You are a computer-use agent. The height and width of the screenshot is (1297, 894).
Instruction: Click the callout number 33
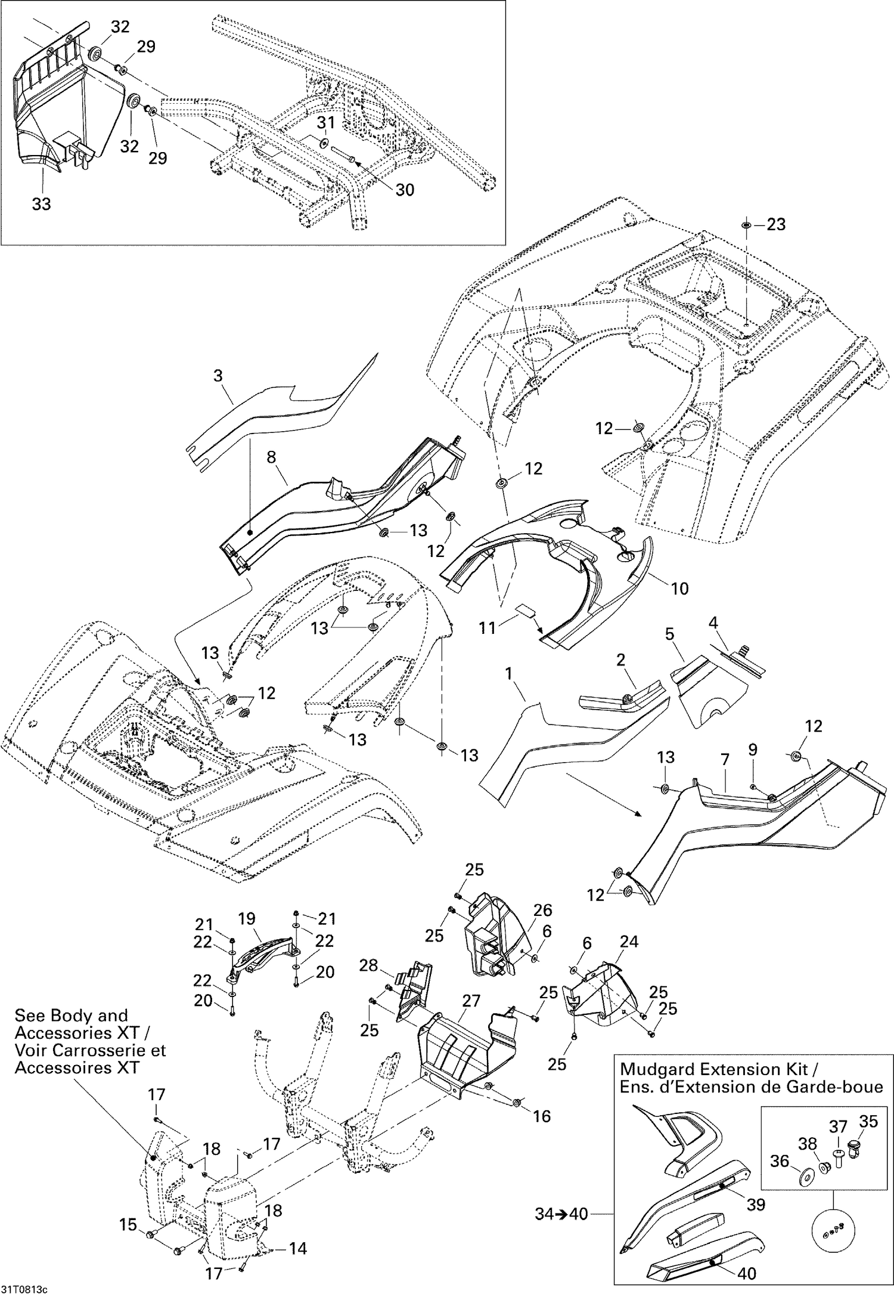pos(41,204)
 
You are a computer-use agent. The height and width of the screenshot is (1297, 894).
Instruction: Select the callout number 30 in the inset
pos(405,190)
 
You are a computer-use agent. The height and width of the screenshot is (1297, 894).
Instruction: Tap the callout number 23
pos(776,225)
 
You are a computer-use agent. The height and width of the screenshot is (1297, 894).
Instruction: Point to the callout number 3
pos(218,376)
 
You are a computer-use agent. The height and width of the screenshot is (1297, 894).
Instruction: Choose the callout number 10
pos(679,589)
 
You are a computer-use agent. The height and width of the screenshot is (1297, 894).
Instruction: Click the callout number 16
pos(542,1116)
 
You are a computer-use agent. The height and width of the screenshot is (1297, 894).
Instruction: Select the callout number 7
pos(725,760)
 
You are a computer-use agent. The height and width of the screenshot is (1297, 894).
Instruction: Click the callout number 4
pos(713,623)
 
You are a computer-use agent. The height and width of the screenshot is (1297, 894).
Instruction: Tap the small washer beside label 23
pos(747,225)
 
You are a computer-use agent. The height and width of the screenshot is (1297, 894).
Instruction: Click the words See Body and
pos(71,1016)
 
